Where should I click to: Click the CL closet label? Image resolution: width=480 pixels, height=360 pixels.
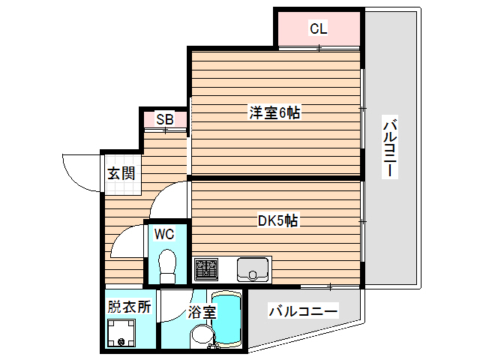coord(318,29)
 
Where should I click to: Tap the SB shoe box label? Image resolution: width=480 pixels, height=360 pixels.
coord(164,119)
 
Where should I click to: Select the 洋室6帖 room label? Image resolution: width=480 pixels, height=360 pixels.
coord(275,113)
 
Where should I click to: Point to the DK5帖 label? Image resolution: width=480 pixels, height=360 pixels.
coord(278,220)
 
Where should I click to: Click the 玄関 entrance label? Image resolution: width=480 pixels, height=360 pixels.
coord(121,174)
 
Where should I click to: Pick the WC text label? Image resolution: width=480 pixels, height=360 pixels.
coord(164,234)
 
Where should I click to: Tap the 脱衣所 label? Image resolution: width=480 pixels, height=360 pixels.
coord(129,306)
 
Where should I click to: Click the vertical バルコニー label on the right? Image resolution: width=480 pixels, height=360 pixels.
coord(389,147)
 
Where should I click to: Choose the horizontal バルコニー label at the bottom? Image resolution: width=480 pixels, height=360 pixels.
coord(303,310)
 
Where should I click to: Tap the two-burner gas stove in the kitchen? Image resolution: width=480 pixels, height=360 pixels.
coord(206,268)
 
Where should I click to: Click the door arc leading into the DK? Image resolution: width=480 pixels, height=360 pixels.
coord(169,196)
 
